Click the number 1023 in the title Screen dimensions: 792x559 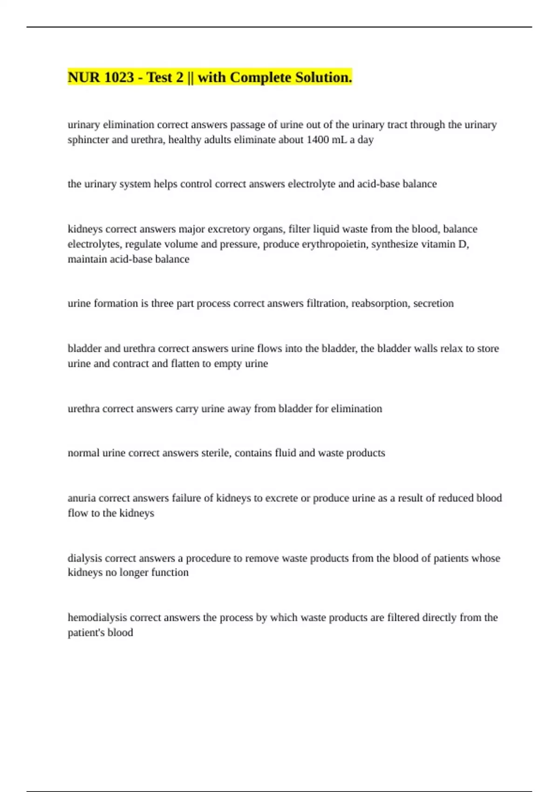coord(119,77)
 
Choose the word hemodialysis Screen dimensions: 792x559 coord(97,618)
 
